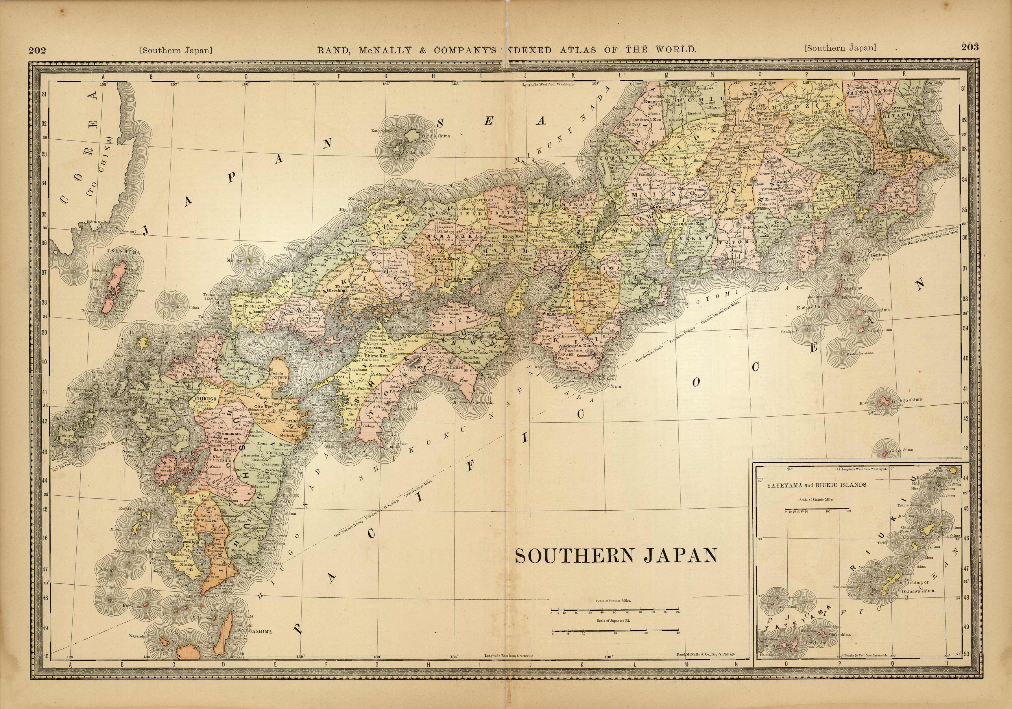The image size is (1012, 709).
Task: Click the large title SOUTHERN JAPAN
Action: pos(616,556)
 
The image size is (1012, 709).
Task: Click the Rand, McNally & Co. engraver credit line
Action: pos(705,667)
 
